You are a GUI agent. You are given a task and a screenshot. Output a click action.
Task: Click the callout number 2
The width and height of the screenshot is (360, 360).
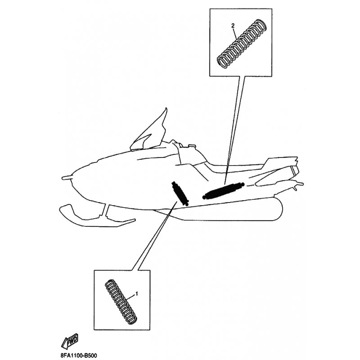coord(233,26)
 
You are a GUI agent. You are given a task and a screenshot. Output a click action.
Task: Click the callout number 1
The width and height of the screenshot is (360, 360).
coord(137,294)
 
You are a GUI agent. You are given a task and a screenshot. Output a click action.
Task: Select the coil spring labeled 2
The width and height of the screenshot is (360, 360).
coord(242,44)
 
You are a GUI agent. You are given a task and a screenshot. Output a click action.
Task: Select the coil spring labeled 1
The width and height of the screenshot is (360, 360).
coord(121,301)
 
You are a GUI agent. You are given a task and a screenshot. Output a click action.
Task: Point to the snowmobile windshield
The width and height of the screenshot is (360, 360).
coord(149,132)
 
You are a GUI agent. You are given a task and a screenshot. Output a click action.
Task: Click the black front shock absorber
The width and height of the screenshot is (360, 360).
coord(180,193)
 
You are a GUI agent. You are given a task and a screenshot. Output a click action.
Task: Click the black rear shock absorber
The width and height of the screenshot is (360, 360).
coord(223,190)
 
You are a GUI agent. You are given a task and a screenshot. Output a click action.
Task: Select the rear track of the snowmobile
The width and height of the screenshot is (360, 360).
coord(229,210)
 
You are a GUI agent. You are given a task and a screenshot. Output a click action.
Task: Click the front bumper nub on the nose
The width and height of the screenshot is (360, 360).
coord(67,177)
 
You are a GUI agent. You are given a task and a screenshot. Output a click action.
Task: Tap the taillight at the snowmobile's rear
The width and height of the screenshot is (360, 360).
coord(294,170)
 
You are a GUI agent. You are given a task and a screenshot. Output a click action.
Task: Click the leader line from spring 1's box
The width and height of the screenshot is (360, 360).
coord(154,236)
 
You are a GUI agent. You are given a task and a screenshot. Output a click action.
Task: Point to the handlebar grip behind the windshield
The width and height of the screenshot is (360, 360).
coord(192,145)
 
